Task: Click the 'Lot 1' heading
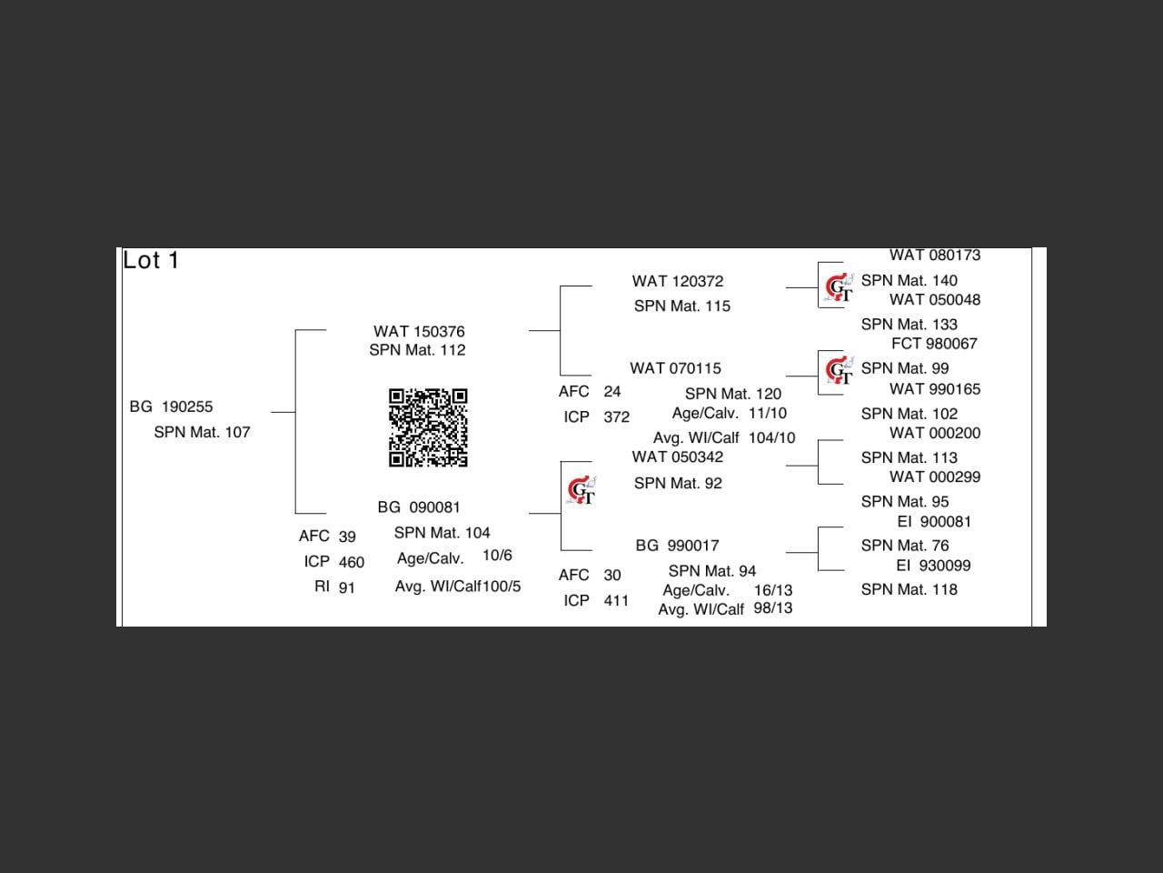[x=151, y=261]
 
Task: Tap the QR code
[x=428, y=427]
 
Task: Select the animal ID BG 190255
[x=171, y=406]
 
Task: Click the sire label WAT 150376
[x=419, y=332]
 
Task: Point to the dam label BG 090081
[x=419, y=507]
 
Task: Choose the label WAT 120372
[x=678, y=282]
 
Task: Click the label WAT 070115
[x=675, y=368]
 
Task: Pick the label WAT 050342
[x=678, y=457]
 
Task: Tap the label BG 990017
[x=677, y=546]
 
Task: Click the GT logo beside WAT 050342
[x=581, y=491]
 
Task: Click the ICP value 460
[x=352, y=563]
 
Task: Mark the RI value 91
[x=347, y=588]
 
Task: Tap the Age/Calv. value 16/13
[x=773, y=590]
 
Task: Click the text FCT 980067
[x=934, y=344]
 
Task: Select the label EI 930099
[x=933, y=566]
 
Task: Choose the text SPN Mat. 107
[x=202, y=433]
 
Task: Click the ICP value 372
[x=616, y=417]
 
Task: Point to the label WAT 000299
[x=935, y=477]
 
